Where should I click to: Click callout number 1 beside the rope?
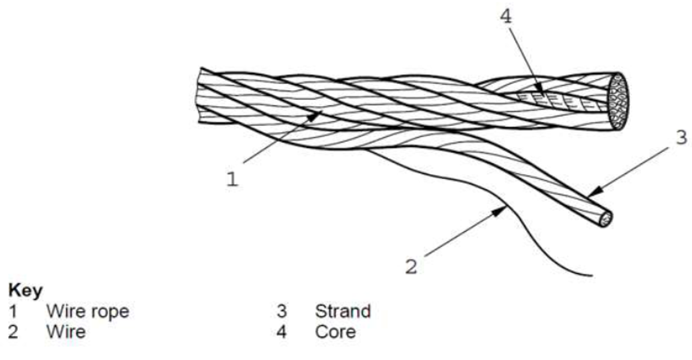point(232,179)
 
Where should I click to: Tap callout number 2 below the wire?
point(411,267)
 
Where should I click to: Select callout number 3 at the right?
point(681,138)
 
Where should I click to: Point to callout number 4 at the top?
point(506,16)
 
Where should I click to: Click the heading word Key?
point(22,291)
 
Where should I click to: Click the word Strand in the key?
point(343,312)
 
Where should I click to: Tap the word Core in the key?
point(335,332)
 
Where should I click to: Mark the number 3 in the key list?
point(283,312)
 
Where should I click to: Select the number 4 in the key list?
point(283,332)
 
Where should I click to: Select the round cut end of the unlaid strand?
point(605,219)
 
